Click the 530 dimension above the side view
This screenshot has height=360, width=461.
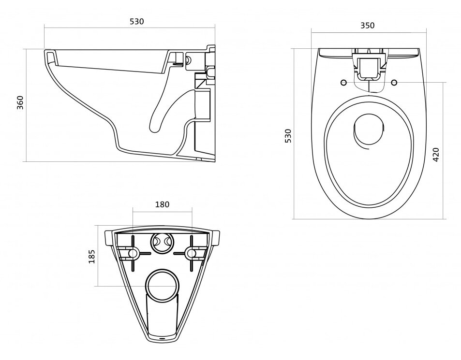(x=137, y=21)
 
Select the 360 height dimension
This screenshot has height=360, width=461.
(x=20, y=102)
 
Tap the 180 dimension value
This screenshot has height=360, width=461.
(x=162, y=204)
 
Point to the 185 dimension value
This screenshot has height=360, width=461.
(x=92, y=256)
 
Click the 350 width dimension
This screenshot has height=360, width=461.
(x=368, y=26)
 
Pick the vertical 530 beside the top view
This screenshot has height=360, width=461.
(x=288, y=136)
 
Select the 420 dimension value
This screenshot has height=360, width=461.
(x=436, y=155)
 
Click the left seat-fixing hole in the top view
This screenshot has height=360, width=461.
(x=343, y=83)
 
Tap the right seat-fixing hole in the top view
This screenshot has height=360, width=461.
(x=394, y=83)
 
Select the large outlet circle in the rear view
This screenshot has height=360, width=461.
(x=162, y=284)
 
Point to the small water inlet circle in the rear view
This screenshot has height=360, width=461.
(x=162, y=242)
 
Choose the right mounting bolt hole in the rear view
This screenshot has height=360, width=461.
(x=192, y=253)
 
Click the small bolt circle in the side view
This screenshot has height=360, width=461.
(x=188, y=60)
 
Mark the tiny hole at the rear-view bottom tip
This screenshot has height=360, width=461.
(x=162, y=337)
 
